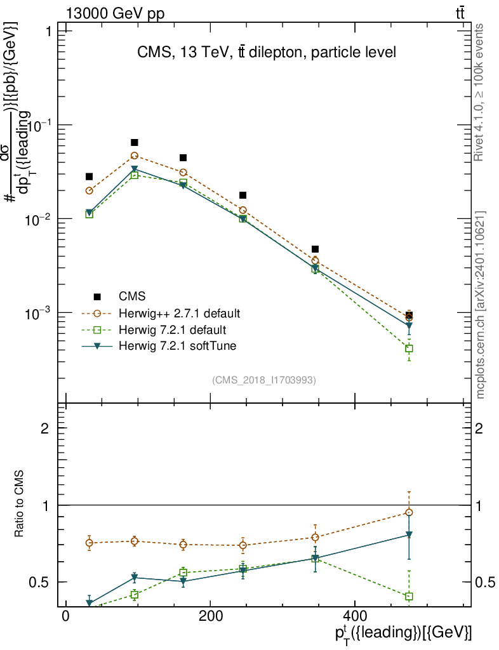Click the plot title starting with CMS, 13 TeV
267,53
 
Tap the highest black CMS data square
135,143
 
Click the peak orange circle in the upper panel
135,156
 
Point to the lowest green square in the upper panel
409,348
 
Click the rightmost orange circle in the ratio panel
409,512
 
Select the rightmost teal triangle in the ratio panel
409,534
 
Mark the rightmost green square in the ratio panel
409,596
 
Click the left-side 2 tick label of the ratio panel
45,428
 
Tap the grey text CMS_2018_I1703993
264,380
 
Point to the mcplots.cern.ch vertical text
481,305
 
